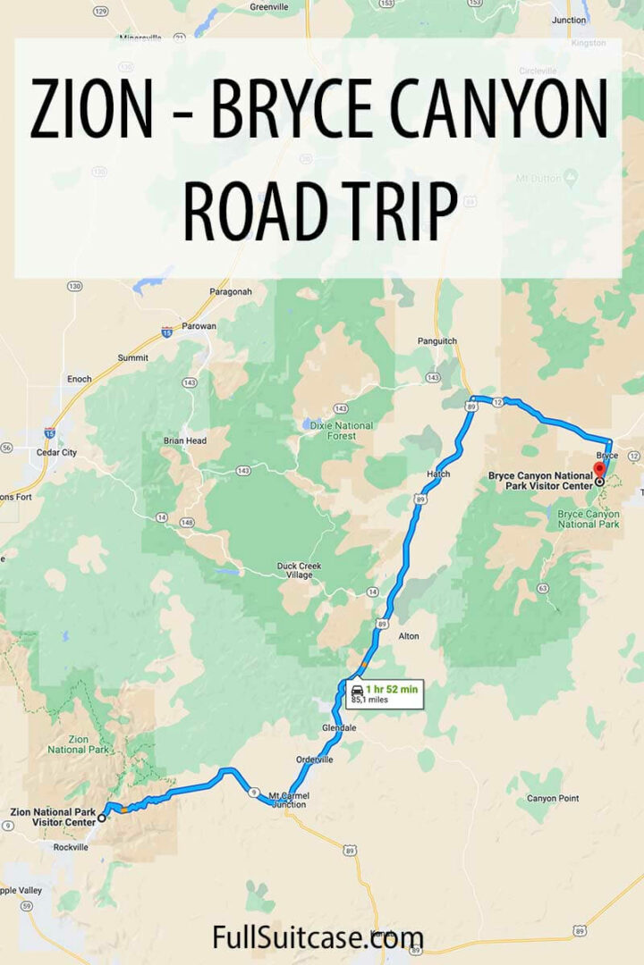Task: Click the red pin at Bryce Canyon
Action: click(x=599, y=468)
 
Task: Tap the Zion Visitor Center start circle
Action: click(x=101, y=817)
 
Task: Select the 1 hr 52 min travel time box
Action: click(x=385, y=693)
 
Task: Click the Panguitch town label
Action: click(x=437, y=340)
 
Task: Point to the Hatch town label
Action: click(x=438, y=474)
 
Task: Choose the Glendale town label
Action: click(x=339, y=728)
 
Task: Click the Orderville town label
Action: click(x=315, y=759)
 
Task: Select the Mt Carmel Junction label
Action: click(x=287, y=799)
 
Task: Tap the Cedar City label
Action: click(x=56, y=452)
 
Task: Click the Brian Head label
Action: click(x=184, y=441)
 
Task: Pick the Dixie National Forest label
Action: click(x=340, y=430)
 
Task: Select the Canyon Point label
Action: click(x=552, y=798)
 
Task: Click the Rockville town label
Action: click(x=72, y=846)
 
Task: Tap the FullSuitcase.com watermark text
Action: click(x=318, y=937)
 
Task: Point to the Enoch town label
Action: click(x=79, y=379)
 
